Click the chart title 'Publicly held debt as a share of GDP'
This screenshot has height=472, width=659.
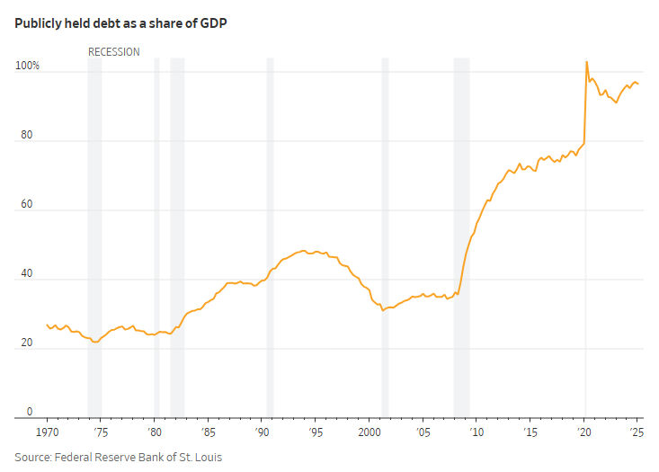click(120, 23)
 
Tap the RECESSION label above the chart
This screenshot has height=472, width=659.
click(114, 52)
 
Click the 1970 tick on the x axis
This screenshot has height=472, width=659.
click(47, 433)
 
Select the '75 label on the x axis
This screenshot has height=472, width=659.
click(101, 433)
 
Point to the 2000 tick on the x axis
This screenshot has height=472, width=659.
click(370, 433)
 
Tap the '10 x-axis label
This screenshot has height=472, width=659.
click(477, 433)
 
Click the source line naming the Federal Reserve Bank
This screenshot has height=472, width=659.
click(118, 457)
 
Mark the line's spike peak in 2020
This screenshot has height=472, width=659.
click(586, 62)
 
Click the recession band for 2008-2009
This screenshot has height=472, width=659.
click(461, 234)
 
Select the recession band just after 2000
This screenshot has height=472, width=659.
click(385, 234)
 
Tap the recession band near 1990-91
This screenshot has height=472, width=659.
click(270, 234)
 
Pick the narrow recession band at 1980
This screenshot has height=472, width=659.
click(156, 234)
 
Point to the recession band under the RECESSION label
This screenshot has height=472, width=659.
click(94, 234)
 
